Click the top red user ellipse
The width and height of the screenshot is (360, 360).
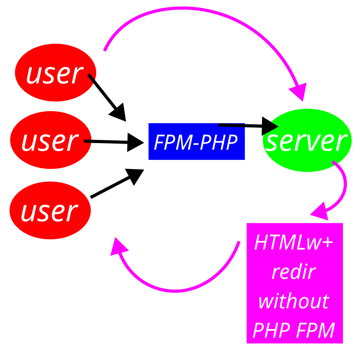tap(55, 73)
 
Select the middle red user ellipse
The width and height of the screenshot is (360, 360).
tap(50, 140)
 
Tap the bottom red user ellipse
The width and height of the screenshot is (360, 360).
tap(50, 210)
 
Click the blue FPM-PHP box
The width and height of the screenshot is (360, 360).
tap(196, 142)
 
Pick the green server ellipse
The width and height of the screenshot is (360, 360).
tap(307, 141)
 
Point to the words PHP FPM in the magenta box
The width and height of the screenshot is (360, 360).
tap(293, 330)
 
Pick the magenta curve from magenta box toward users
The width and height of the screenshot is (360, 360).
tap(177, 290)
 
